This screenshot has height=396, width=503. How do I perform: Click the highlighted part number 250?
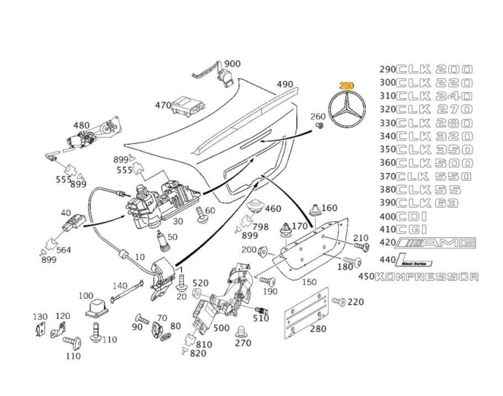346,85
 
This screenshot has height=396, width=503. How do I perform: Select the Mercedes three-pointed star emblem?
346,111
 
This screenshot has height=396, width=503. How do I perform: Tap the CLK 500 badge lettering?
435,163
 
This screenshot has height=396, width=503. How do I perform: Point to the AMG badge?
436,243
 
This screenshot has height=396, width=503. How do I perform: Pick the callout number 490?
285,85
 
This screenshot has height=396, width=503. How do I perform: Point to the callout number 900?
232,64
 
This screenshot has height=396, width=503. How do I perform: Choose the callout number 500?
221,328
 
